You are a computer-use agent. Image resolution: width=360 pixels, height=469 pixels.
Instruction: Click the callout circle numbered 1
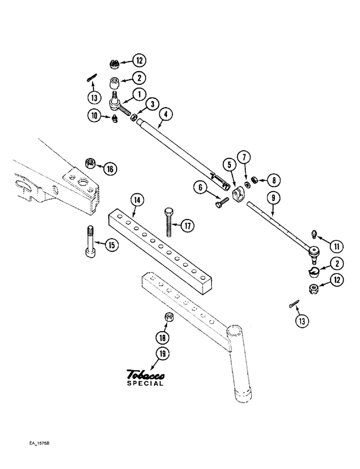click(139, 95)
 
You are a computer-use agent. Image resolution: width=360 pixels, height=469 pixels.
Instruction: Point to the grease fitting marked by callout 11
click(314, 234)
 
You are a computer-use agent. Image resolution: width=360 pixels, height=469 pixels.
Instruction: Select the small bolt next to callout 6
click(222, 204)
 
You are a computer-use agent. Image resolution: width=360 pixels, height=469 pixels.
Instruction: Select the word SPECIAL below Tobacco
click(145, 383)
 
